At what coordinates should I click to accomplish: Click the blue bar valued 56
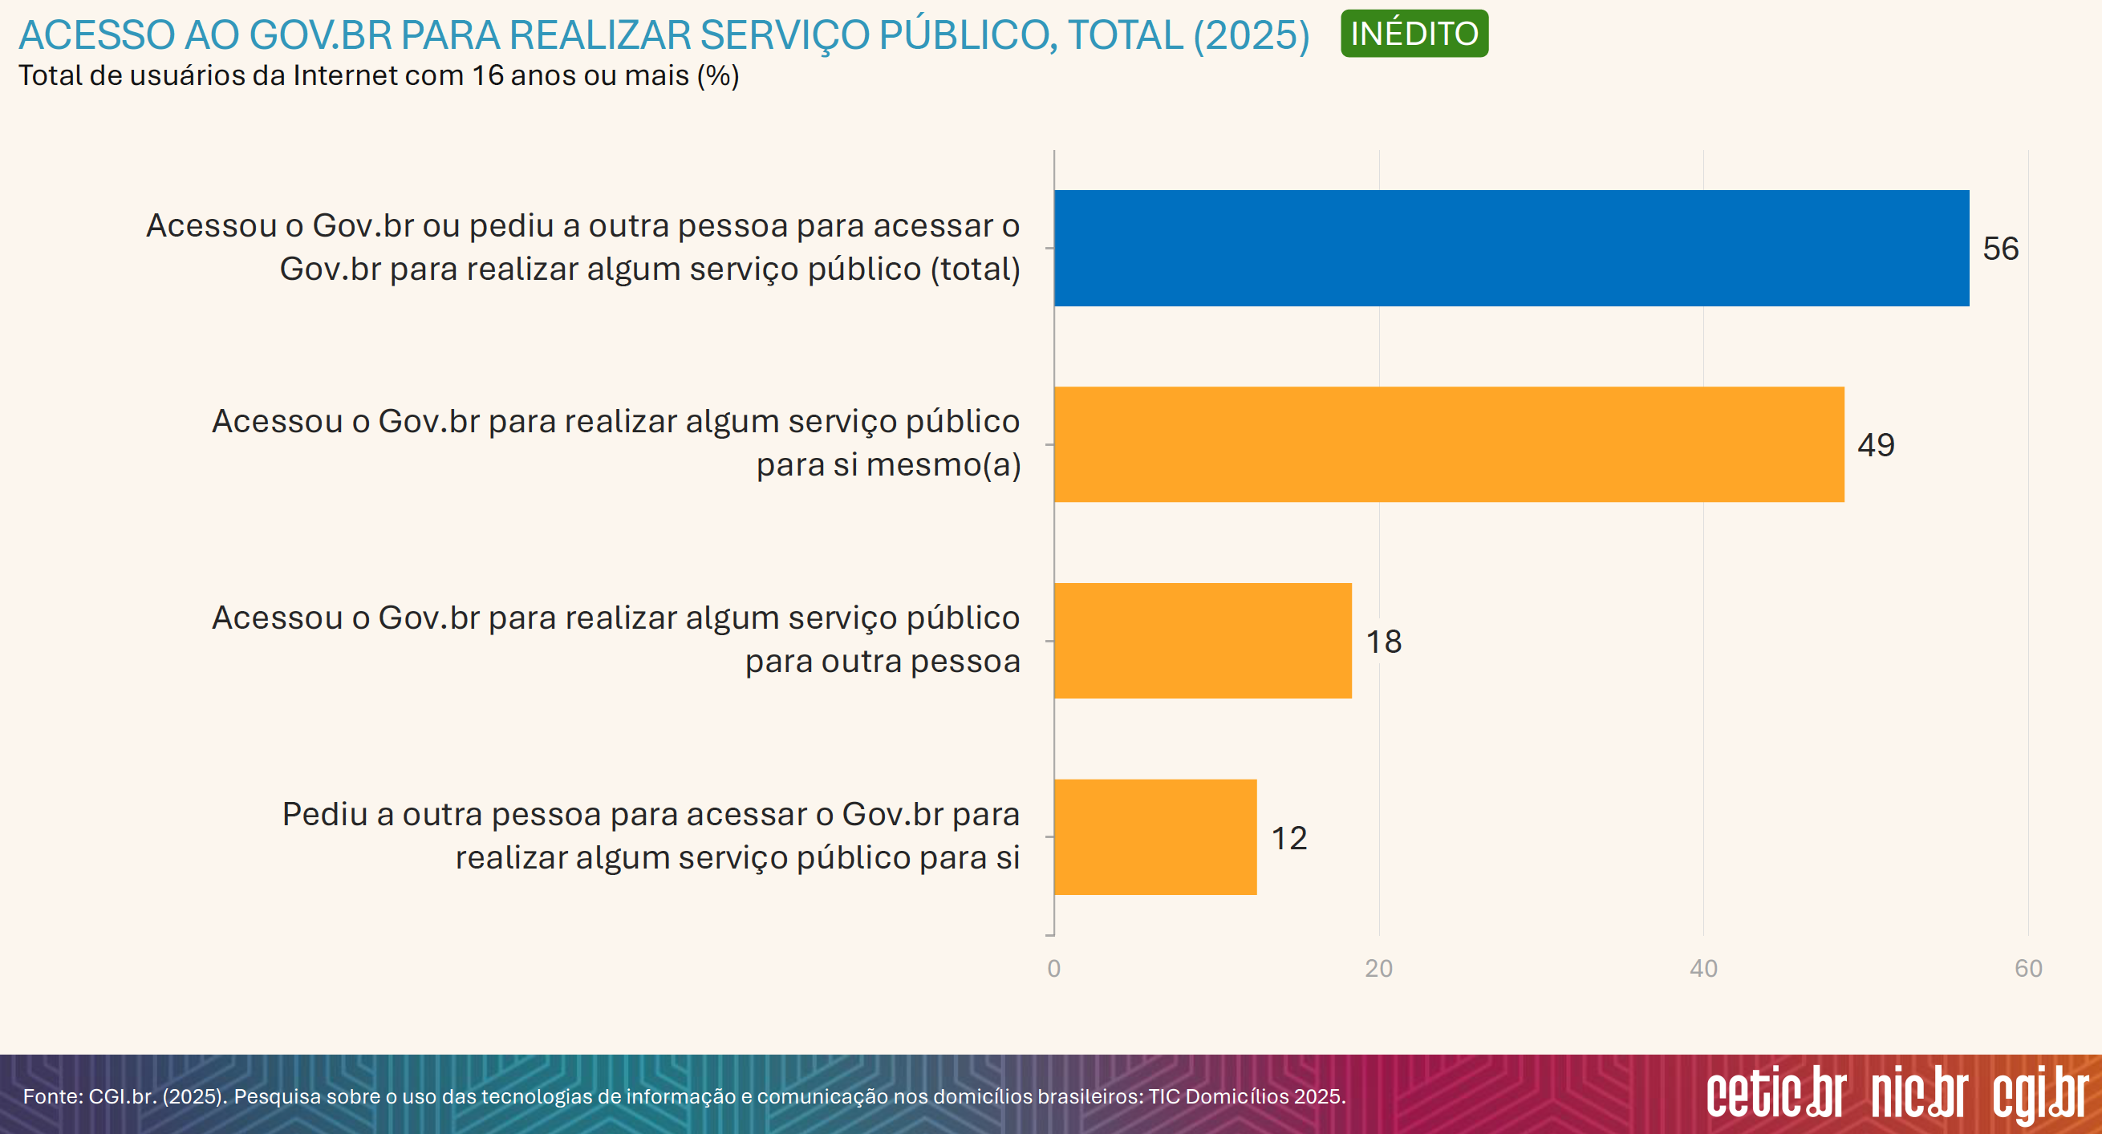click(x=1512, y=248)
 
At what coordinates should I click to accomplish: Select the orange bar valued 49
click(x=1448, y=444)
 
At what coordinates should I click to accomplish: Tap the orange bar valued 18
click(x=1203, y=641)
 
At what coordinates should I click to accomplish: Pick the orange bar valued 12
click(x=1155, y=837)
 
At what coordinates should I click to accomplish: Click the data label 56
click(x=2001, y=249)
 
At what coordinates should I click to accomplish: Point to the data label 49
click(x=1876, y=445)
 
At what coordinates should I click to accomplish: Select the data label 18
click(x=1384, y=642)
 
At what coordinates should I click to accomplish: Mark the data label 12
click(x=1289, y=839)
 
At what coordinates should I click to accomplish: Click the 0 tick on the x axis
click(x=1054, y=968)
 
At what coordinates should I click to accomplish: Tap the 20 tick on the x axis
click(x=1379, y=968)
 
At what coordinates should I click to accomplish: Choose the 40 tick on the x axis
click(x=1704, y=968)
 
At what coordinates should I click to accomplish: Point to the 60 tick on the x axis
click(x=2028, y=968)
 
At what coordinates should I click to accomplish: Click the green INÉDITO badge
click(x=1414, y=34)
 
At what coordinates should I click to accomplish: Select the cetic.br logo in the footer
click(x=1775, y=1093)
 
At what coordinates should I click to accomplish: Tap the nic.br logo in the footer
click(x=1919, y=1093)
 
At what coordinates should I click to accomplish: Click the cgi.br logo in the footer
click(x=2040, y=1095)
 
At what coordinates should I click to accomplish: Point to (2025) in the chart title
click(x=1251, y=36)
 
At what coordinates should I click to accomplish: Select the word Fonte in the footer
click(x=52, y=1096)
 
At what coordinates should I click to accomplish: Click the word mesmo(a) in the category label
click(x=943, y=465)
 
